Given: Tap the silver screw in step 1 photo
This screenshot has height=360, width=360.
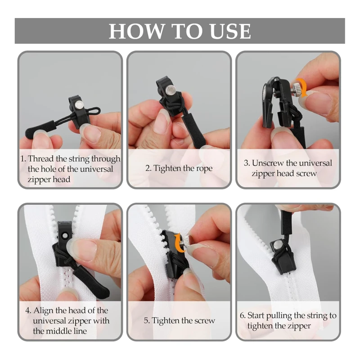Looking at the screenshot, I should coord(79,104).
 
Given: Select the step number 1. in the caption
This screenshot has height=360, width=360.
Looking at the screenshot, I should coord(23,158).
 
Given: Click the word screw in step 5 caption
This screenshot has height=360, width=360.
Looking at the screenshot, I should coord(204,321).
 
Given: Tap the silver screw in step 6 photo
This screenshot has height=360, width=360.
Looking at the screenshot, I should coord(279,245).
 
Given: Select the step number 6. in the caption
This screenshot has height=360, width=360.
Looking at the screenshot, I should coord(243,315).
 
